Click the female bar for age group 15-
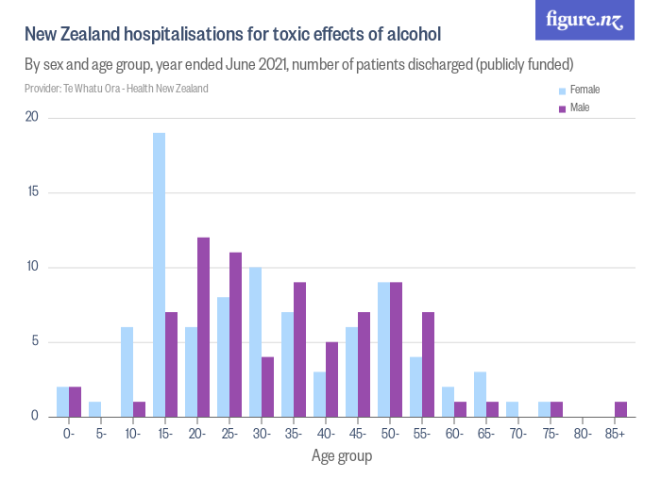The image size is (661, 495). tap(159, 274)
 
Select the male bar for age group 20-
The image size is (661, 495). tap(203, 326)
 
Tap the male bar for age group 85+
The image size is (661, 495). tap(620, 409)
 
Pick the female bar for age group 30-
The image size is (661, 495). tap(255, 341)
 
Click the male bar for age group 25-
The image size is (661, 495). tap(235, 334)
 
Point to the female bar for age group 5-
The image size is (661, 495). tap(94, 409)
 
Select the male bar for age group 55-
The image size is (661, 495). tap(428, 364)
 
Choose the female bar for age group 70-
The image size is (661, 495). tap(512, 409)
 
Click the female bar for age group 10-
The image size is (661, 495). tap(127, 371)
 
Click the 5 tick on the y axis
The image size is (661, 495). tap(35, 341)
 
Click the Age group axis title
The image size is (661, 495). tap(342, 456)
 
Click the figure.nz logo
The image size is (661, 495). tap(585, 20)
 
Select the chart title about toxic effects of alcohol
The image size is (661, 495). tap(232, 35)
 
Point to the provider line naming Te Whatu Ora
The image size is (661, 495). tap(116, 89)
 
